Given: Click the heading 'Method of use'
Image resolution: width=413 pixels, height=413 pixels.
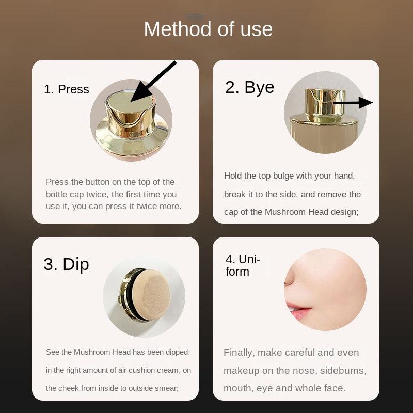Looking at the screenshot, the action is tap(208, 29).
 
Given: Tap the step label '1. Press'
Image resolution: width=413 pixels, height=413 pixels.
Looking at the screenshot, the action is tap(67, 89).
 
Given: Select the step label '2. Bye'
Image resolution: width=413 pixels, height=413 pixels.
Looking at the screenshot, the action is tap(249, 87).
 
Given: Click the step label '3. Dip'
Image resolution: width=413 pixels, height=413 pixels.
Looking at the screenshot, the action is tap(66, 264).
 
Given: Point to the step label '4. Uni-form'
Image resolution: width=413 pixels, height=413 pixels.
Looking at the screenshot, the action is tap(243, 265).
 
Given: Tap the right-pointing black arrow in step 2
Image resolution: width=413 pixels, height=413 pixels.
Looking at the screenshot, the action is tap(353, 102).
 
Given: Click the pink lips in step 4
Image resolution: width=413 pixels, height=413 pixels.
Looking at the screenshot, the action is tap(299, 311).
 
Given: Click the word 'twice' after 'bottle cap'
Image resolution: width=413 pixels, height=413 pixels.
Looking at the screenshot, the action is tap(97, 194).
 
